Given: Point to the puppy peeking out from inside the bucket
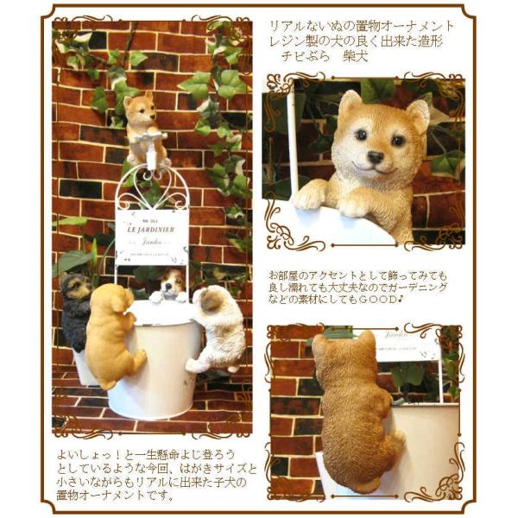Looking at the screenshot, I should (171, 282).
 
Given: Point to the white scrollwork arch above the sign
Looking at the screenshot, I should (152, 182).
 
